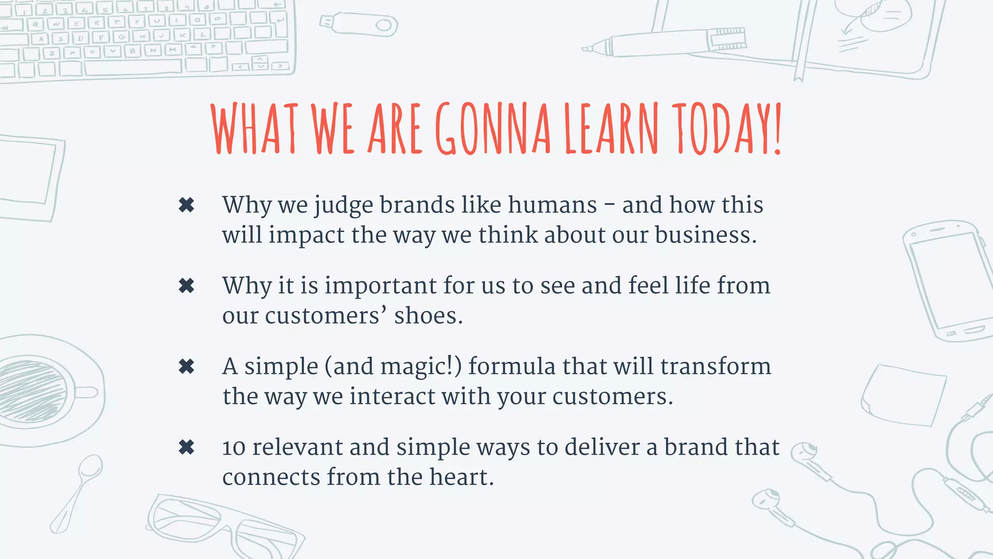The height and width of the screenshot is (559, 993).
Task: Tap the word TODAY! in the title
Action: click(x=729, y=129)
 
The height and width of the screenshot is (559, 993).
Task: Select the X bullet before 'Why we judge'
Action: click(x=187, y=205)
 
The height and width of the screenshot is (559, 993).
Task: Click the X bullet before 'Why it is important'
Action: click(x=187, y=286)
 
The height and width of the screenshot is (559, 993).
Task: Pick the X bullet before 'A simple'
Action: click(x=187, y=366)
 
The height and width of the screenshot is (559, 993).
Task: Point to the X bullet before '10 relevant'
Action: click(x=187, y=447)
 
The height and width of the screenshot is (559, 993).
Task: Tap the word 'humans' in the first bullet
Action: click(x=552, y=205)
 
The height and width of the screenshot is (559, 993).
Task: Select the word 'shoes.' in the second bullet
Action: click(x=429, y=316)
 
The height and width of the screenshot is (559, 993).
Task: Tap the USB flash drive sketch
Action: click(x=359, y=24)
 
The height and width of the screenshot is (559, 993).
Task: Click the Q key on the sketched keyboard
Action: click(x=35, y=24)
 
